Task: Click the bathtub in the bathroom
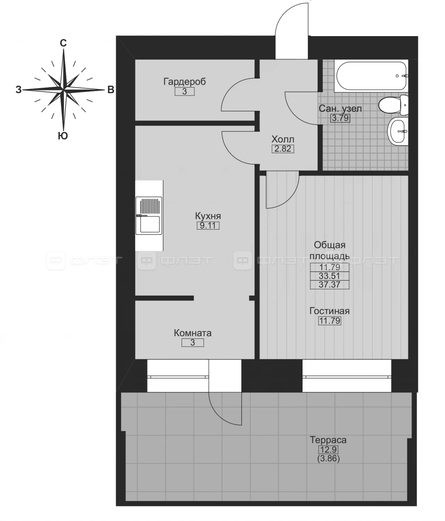click(x=371, y=76)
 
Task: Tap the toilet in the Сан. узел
click(x=393, y=105)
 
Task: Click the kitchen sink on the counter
click(x=149, y=215)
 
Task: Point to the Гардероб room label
click(x=184, y=81)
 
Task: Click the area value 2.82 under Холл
click(x=283, y=149)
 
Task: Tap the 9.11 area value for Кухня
click(x=208, y=225)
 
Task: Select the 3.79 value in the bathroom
click(x=340, y=118)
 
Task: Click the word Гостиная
click(x=330, y=311)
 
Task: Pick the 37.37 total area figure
click(x=330, y=284)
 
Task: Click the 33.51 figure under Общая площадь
click(x=330, y=276)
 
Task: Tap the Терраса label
click(x=328, y=440)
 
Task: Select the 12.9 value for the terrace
click(x=329, y=449)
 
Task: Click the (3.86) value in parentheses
click(x=329, y=458)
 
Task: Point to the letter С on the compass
click(x=63, y=43)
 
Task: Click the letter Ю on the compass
click(x=63, y=136)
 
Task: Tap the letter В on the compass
click(x=111, y=90)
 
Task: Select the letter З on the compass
click(x=18, y=90)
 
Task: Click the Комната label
click(x=193, y=333)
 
